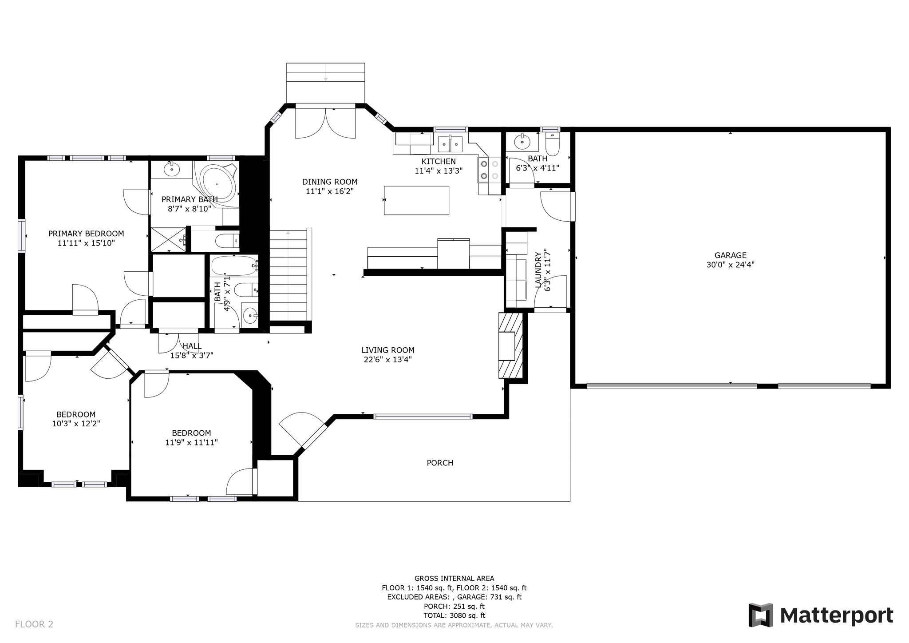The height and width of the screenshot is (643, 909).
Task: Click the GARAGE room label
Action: [x=730, y=255]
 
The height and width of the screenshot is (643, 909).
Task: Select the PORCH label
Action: [x=440, y=463]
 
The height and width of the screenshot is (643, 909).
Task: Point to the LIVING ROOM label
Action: [x=387, y=350]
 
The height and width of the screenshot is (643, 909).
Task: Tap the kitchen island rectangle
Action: [x=416, y=200]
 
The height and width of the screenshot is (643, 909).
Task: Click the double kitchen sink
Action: [x=450, y=144]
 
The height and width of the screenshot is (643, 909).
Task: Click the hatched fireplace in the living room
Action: [x=511, y=345]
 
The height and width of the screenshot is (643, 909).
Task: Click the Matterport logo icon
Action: [x=761, y=615]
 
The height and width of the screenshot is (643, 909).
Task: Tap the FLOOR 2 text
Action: [x=34, y=624]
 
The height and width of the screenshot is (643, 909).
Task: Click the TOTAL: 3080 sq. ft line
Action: [x=454, y=615]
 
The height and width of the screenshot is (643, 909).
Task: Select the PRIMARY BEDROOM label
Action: [x=86, y=234]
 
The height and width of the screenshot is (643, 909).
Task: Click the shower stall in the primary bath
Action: [x=169, y=239]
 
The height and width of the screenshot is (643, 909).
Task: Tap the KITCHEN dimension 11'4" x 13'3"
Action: [x=439, y=171]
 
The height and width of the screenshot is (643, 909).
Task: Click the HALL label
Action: [x=192, y=346]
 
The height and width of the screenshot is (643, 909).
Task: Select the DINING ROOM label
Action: [x=330, y=182]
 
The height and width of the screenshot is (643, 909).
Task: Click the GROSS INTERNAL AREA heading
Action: [x=454, y=578]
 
